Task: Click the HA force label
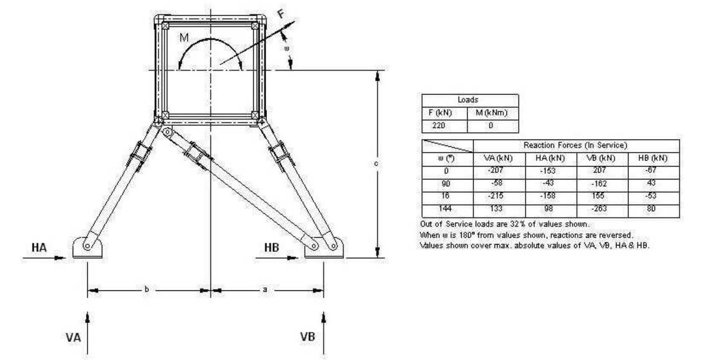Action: [x=39, y=247]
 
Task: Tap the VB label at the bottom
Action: [x=308, y=336]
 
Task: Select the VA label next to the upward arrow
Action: [x=73, y=337]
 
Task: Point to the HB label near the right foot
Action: [x=271, y=247]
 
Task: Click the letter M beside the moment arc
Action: [x=184, y=38]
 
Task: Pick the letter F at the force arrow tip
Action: [x=281, y=14]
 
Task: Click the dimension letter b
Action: [x=147, y=289]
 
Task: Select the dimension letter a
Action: [x=265, y=289]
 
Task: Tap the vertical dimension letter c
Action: [x=376, y=163]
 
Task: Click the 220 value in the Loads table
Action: [x=439, y=125]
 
